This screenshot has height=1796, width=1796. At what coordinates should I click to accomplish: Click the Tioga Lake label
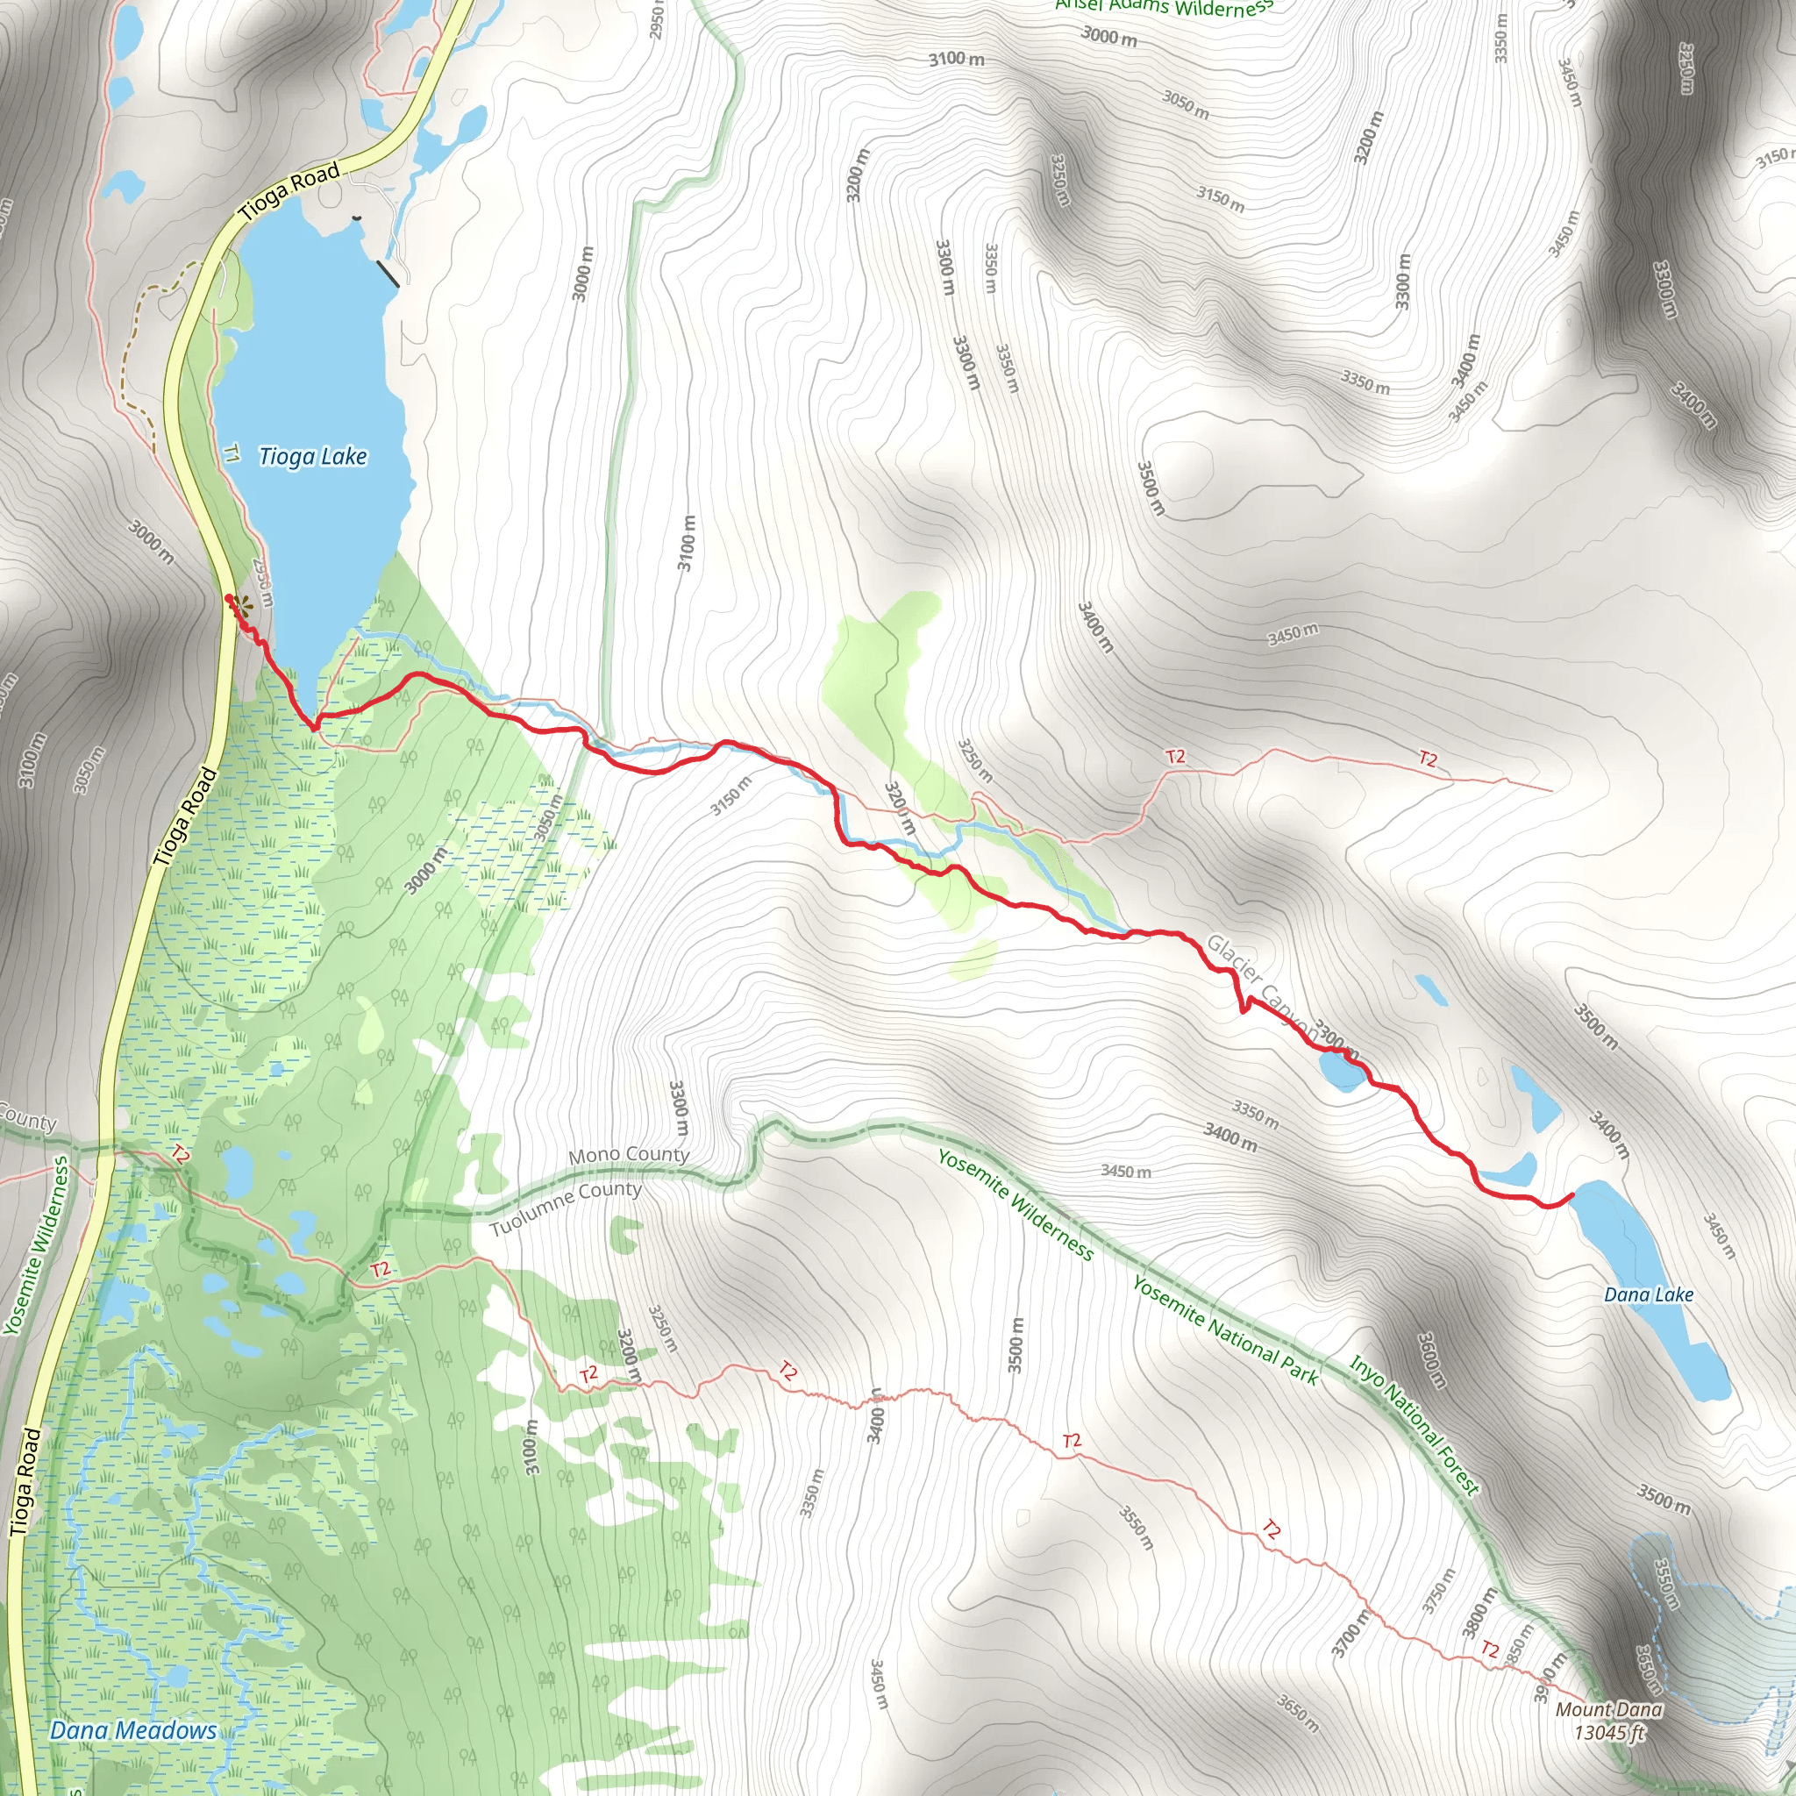click(312, 456)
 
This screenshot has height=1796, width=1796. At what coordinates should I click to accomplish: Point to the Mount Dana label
click(1609, 1708)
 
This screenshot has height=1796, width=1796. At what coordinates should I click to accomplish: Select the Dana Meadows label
click(133, 1730)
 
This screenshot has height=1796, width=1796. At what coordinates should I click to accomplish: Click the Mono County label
click(629, 1156)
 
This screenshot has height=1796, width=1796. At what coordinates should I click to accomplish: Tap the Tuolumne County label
click(566, 1208)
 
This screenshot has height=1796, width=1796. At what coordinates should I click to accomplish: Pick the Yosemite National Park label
click(1224, 1332)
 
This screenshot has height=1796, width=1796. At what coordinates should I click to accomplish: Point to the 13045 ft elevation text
click(1609, 1732)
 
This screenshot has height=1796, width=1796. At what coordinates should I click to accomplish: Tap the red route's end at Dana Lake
click(1571, 1194)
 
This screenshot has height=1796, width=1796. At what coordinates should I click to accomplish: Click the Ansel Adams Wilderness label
click(1164, 9)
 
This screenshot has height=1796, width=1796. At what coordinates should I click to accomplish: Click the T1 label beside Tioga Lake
click(232, 453)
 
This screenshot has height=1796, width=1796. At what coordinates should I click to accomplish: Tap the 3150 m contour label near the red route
click(731, 795)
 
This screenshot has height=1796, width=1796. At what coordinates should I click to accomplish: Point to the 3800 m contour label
click(1479, 1613)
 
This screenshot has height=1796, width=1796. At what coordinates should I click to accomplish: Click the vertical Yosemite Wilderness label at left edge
click(36, 1245)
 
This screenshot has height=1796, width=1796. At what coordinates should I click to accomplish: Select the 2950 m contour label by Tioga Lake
click(263, 584)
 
